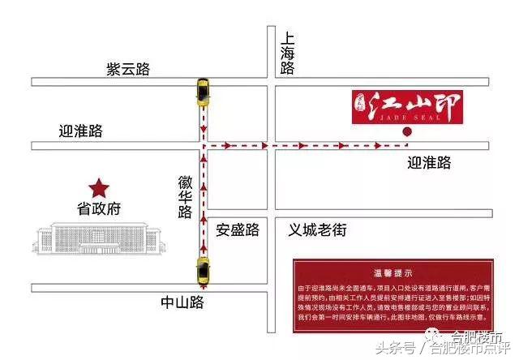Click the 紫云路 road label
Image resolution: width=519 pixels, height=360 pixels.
pyautogui.click(x=129, y=69)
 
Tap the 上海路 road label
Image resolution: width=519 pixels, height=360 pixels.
pyautogui.click(x=287, y=55)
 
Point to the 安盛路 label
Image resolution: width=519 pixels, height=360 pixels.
pyautogui.click(x=238, y=230)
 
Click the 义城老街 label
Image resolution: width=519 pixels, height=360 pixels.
pyautogui.click(x=318, y=230)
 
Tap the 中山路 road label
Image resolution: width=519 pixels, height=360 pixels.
pyautogui.click(x=182, y=303)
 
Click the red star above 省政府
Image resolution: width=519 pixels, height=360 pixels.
pyautogui.click(x=100, y=188)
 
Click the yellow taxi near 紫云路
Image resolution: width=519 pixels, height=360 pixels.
pyautogui.click(x=201, y=92)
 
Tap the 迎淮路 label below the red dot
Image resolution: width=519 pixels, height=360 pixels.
pyautogui.click(x=429, y=163)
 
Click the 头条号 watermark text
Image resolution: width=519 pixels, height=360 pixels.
pyautogui.click(x=395, y=349)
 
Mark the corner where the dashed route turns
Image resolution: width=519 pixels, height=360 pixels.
pyautogui.click(x=202, y=146)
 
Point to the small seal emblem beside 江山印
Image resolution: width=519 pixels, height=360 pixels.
pyautogui.click(x=364, y=105)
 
